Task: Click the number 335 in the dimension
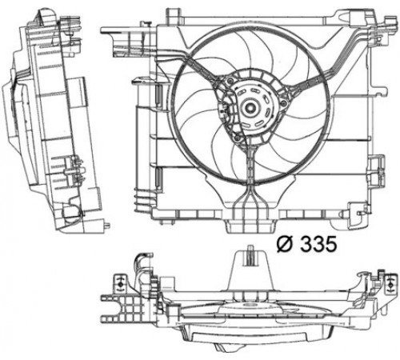click(318, 244)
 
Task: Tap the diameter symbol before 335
click(286, 244)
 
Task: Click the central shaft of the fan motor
click(250, 107)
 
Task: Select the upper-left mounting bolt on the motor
click(230, 81)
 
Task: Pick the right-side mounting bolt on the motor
click(283, 102)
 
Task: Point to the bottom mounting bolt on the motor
click(237, 138)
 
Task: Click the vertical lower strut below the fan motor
click(250, 166)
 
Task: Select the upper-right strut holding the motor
click(310, 82)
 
